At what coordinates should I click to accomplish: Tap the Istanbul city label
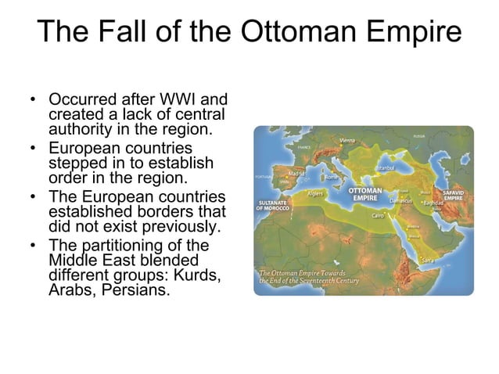[385, 167]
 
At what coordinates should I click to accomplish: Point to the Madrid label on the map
[296, 173]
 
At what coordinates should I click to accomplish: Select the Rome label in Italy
[332, 177]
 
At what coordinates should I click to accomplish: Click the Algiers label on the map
[316, 192]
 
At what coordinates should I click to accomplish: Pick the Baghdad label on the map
[433, 203]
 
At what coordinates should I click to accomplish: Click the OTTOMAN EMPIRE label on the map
[364, 193]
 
